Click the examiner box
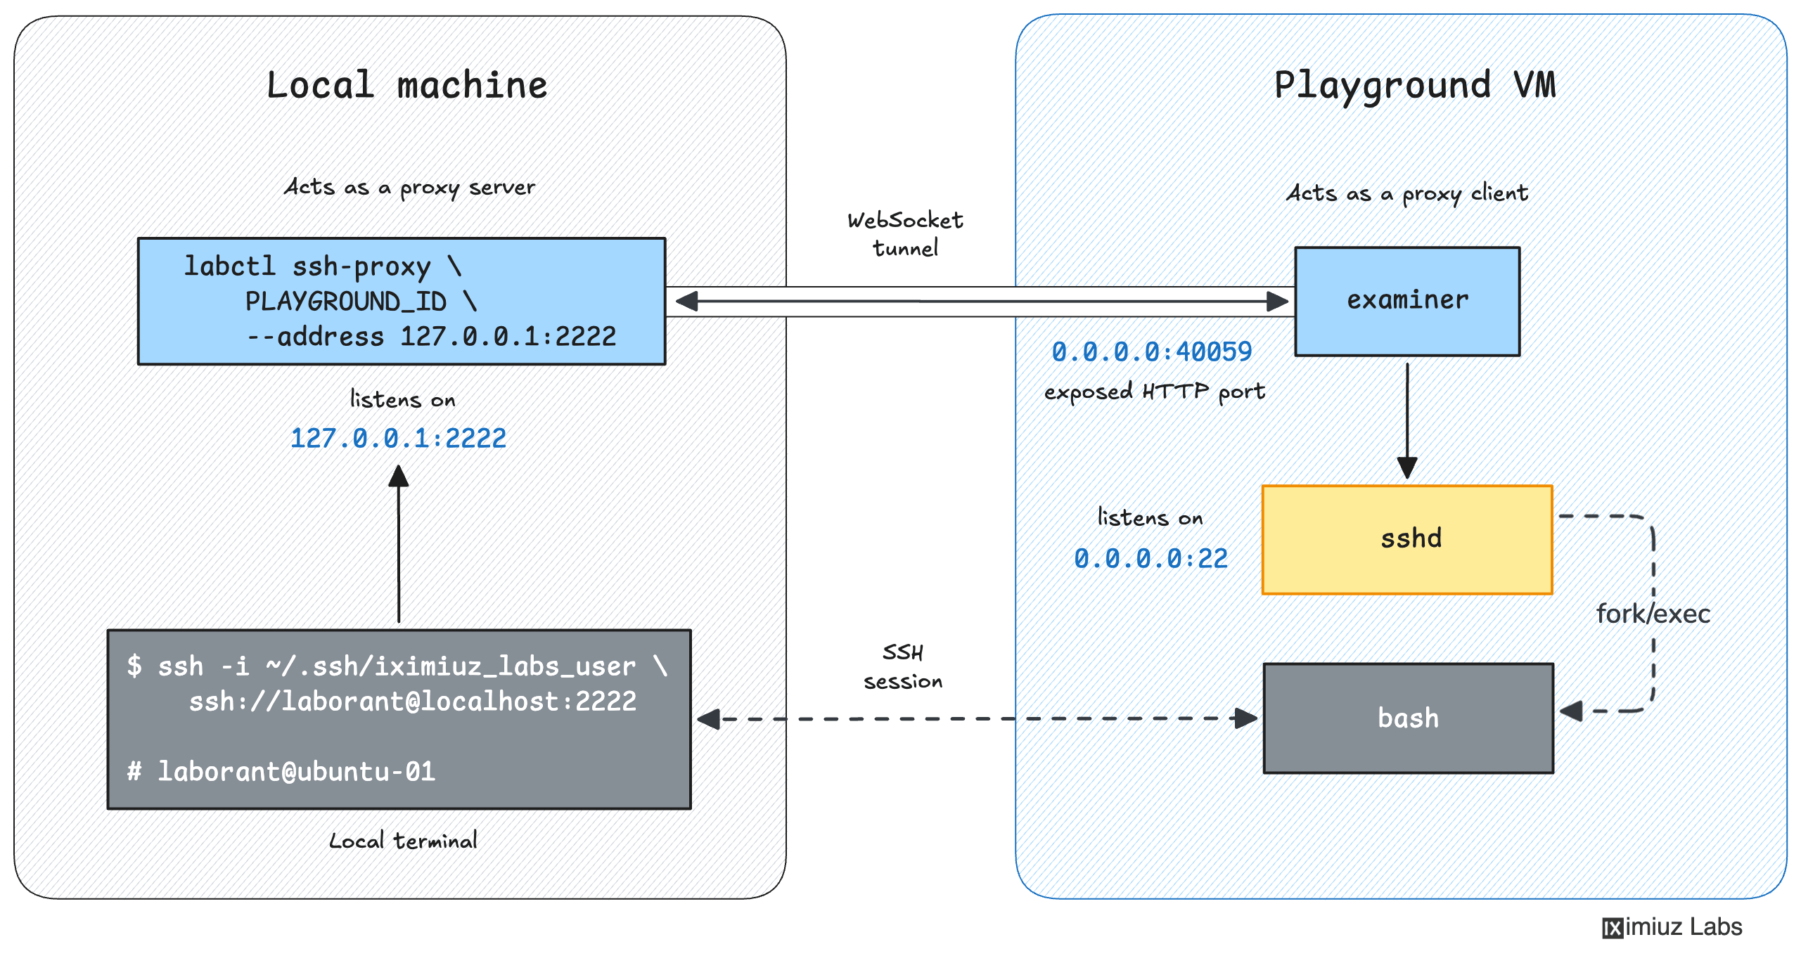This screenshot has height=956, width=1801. (x=1406, y=301)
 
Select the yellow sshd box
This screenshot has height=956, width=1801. (x=1406, y=539)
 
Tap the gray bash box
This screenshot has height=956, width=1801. (x=1408, y=718)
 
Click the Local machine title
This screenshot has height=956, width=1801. (x=406, y=86)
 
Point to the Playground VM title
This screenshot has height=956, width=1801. (x=1415, y=86)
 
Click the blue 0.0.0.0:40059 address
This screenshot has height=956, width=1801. (x=1151, y=351)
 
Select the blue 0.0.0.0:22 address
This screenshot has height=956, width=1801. (x=1151, y=558)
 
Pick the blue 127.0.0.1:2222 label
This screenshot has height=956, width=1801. (x=398, y=438)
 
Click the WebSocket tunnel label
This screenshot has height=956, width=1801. (x=905, y=234)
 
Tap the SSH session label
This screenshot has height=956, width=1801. (x=903, y=666)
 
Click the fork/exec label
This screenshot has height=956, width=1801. (x=1653, y=614)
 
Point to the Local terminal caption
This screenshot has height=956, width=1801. (x=403, y=841)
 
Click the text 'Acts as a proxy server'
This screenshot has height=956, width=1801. (x=409, y=187)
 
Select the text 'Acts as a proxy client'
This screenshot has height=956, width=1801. (x=1407, y=193)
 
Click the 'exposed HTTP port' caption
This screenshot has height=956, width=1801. (x=1154, y=392)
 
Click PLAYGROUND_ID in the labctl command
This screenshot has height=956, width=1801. (x=345, y=302)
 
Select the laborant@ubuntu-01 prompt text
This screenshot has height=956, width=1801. (x=296, y=771)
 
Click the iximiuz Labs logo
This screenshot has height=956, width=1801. (x=1672, y=927)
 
